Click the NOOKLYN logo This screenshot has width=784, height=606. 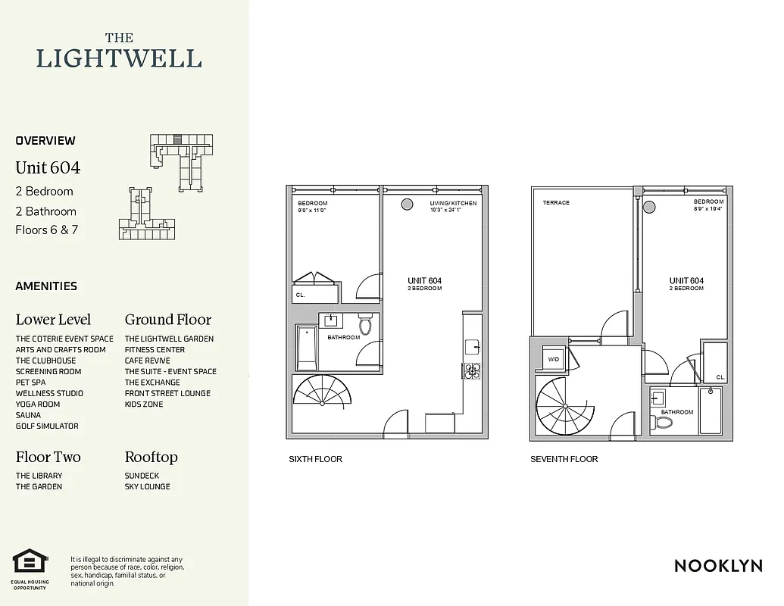[x=717, y=566]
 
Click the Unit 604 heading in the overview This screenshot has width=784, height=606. [x=48, y=167]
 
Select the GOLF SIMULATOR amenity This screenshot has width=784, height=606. [x=47, y=426]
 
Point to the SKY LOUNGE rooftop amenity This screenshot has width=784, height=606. [x=147, y=487]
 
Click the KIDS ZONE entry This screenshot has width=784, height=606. [x=144, y=405]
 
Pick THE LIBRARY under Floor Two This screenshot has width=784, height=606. [x=39, y=476]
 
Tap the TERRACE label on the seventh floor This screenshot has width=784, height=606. [x=556, y=203]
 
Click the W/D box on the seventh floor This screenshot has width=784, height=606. [x=554, y=360]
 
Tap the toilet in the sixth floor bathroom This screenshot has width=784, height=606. [x=366, y=325]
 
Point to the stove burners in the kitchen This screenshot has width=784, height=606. [x=471, y=370]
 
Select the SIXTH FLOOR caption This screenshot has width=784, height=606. [x=315, y=459]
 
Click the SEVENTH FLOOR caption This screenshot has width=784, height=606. [x=564, y=459]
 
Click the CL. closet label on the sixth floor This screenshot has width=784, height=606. [x=301, y=295]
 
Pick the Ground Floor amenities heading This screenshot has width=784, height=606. [x=167, y=320]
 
